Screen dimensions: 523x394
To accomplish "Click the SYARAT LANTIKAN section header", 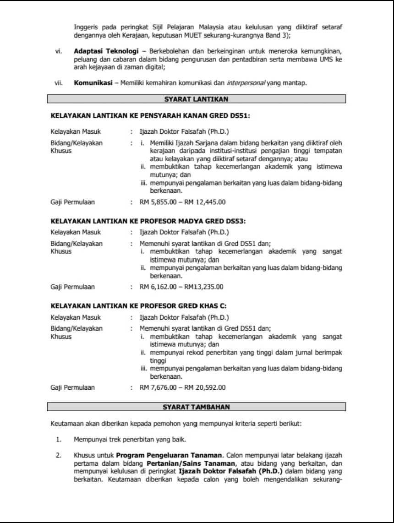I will coord(197,98).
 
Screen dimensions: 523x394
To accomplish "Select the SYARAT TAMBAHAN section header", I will coord(197,406).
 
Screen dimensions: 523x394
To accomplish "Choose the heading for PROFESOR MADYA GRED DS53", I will coord(148,221).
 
